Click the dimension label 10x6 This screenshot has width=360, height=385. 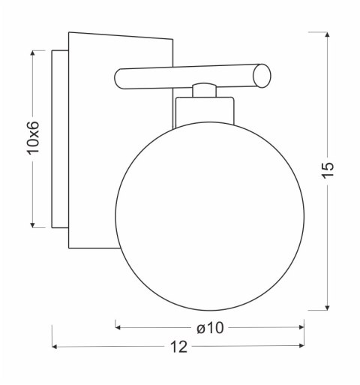click(x=33, y=138)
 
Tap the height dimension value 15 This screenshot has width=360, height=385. click(x=326, y=170)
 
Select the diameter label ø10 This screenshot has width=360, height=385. click(x=211, y=327)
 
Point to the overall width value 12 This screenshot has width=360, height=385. click(x=179, y=347)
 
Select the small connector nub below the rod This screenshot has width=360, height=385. click(x=202, y=90)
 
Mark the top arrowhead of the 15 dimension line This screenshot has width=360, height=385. click(x=326, y=35)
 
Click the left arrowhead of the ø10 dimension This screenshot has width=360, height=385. click(x=118, y=327)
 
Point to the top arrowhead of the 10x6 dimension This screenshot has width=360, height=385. click(x=33, y=53)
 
